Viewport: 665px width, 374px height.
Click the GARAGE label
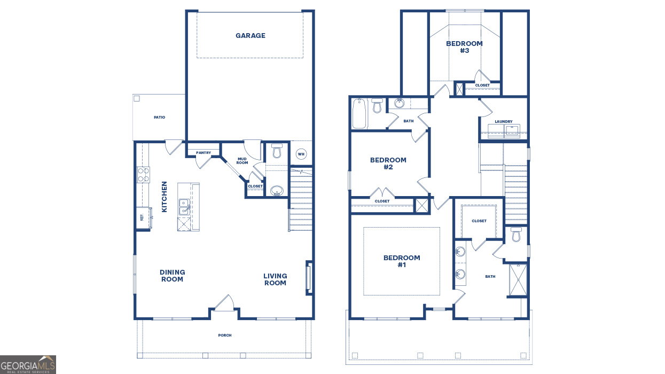click(251, 36)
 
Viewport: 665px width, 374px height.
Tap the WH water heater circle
click(301, 154)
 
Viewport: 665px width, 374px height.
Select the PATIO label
click(159, 118)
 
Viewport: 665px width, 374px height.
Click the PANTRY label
click(204, 153)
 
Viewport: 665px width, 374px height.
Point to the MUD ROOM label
click(242, 161)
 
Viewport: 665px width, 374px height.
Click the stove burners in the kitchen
click(143, 175)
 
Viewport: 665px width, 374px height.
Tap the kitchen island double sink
click(184, 207)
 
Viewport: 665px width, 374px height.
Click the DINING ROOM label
click(172, 276)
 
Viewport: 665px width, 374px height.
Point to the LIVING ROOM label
click(275, 279)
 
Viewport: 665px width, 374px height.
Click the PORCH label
click(225, 336)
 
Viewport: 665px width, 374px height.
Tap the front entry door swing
click(224, 303)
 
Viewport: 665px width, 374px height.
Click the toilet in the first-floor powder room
click(277, 151)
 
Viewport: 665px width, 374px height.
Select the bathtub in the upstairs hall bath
click(359, 114)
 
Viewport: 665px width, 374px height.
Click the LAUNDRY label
click(504, 121)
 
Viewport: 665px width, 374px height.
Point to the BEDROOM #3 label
click(464, 47)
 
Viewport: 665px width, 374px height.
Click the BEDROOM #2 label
click(388, 163)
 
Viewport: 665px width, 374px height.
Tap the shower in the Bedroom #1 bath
click(518, 279)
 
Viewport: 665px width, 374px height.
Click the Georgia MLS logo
click(28, 365)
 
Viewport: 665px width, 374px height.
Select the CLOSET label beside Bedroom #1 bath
click(479, 221)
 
